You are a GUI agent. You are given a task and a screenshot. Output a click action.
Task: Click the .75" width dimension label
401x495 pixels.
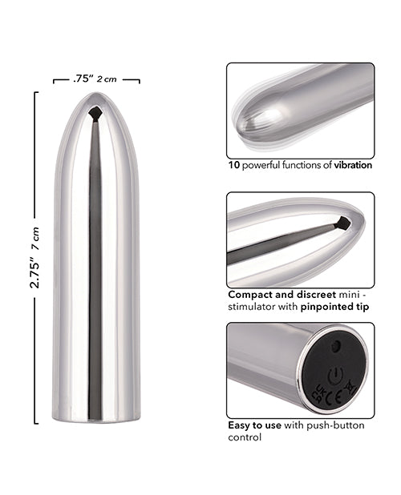[82, 78]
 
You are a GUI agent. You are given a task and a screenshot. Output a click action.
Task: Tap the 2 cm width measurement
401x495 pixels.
[107, 78]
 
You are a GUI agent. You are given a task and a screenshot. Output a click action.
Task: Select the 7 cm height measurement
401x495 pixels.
[35, 235]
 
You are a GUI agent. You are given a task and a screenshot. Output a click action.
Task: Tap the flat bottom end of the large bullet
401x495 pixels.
[95, 417]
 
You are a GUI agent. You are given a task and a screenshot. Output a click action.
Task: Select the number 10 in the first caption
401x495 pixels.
[233, 165]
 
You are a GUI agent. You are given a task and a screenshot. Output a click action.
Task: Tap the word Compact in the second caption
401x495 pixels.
[249, 294]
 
